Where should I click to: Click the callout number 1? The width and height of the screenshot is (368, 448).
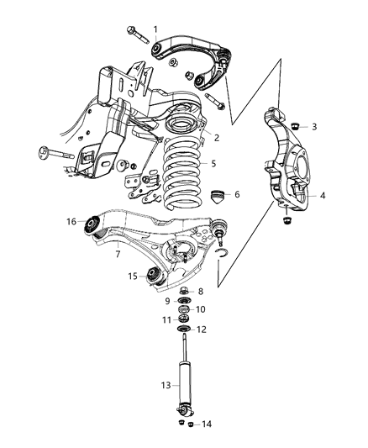coord(155,29)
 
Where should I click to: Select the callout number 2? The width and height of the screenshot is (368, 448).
coord(216,137)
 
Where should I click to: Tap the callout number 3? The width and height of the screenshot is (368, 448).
coord(313,127)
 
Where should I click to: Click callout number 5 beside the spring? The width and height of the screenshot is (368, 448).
coord(213,164)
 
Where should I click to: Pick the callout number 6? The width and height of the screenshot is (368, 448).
coord(236,194)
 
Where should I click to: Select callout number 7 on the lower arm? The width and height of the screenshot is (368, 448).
coord(118,253)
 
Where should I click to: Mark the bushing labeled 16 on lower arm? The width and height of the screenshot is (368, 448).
coord(92,223)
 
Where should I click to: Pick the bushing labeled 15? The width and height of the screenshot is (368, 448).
coord(153,275)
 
